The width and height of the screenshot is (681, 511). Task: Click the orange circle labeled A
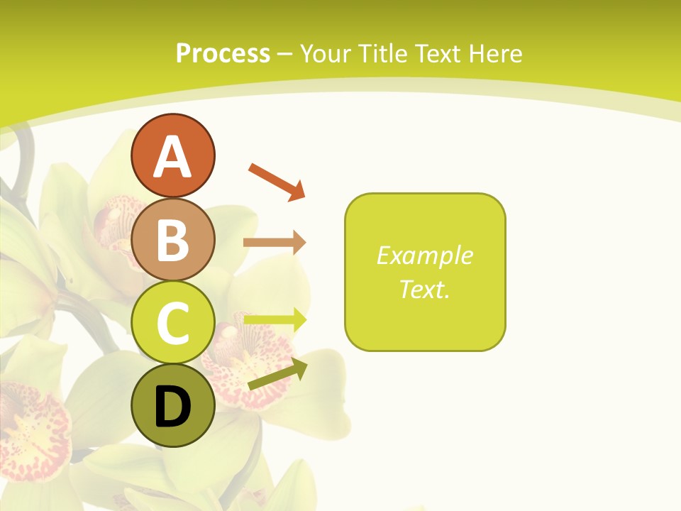[172, 155]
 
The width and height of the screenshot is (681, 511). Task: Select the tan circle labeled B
[172, 239]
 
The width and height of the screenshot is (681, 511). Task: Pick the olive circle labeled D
[172, 406]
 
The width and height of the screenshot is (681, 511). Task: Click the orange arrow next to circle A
[277, 181]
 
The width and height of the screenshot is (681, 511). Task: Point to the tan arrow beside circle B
[275, 243]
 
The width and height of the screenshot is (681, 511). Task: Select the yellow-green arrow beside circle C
[275, 319]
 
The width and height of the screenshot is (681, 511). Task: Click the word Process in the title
[223, 54]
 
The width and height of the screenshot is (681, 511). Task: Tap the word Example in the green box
[425, 255]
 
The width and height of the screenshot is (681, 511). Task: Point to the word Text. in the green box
[425, 289]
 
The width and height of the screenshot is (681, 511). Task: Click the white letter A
[172, 157]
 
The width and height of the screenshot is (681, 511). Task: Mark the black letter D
[172, 407]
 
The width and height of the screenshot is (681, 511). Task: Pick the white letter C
[172, 324]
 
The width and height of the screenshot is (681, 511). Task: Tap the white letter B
[172, 240]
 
